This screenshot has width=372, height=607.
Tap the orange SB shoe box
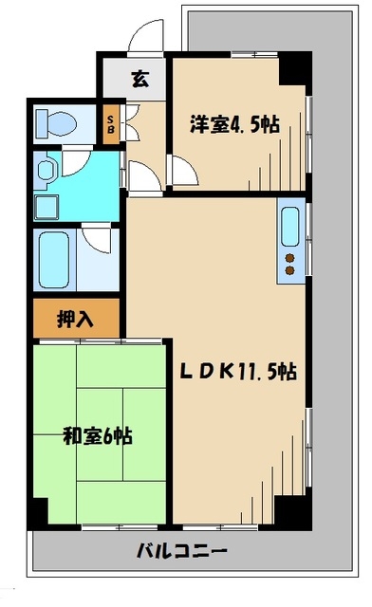pyautogui.click(x=111, y=122)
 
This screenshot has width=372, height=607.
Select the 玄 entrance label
pyautogui.click(x=140, y=78)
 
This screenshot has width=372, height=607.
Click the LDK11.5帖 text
pyautogui.click(x=239, y=373)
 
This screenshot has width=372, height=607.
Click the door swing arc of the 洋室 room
pyautogui.click(x=180, y=171)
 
